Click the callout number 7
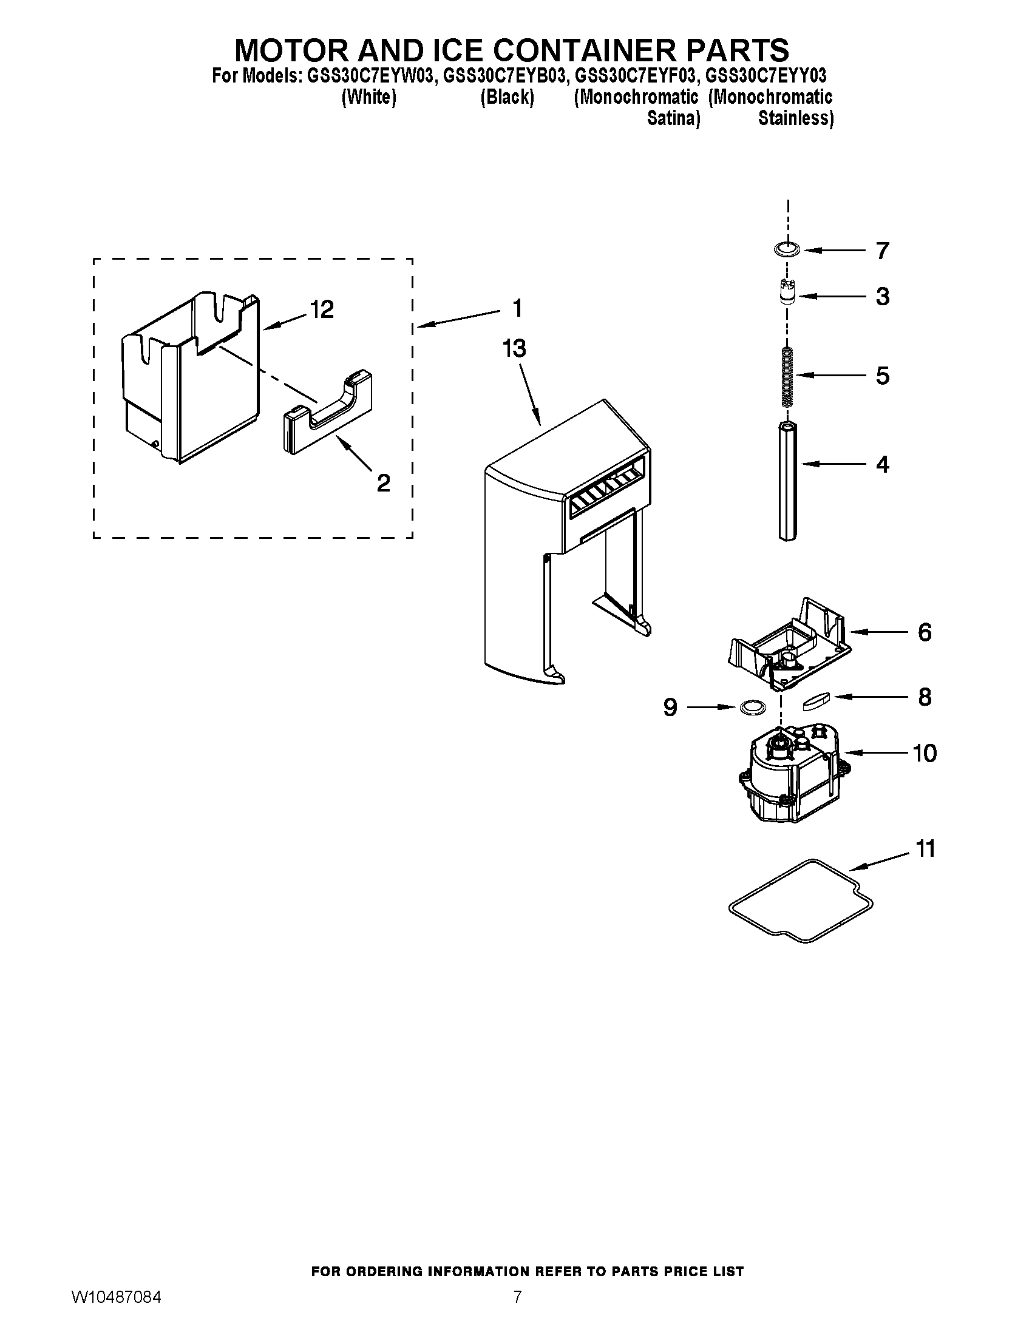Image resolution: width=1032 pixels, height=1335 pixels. click(x=881, y=251)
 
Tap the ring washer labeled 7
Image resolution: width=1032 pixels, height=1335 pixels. click(x=787, y=249)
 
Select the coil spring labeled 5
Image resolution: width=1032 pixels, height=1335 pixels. click(x=787, y=377)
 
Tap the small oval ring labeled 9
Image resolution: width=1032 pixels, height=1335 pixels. click(x=752, y=707)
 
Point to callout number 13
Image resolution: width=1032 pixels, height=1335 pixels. click(x=514, y=349)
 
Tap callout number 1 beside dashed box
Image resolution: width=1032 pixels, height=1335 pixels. click(x=517, y=308)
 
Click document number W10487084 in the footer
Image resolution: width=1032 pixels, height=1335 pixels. click(x=117, y=1310)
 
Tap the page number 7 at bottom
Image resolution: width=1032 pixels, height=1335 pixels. click(x=517, y=1310)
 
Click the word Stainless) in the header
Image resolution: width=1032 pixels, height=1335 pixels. click(x=795, y=118)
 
